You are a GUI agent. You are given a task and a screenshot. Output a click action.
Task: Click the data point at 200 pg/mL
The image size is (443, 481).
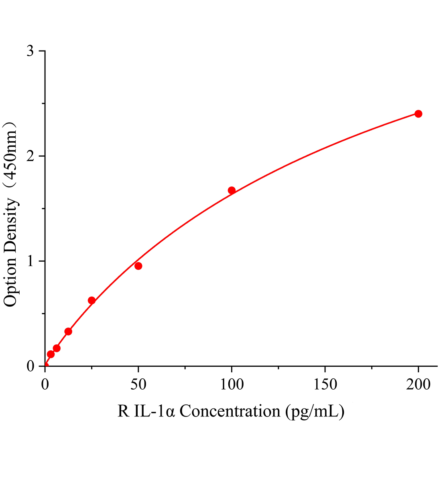tap(418, 114)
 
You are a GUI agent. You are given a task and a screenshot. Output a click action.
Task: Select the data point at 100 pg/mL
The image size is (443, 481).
tap(232, 190)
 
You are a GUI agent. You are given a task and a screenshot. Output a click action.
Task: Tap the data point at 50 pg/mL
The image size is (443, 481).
tap(138, 266)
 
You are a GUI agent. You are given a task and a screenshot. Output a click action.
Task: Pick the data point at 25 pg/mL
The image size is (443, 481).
tap(91, 300)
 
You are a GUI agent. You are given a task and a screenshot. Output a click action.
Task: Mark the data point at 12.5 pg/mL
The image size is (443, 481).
tap(68, 331)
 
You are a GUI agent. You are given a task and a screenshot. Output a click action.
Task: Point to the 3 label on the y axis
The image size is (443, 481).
tap(30, 51)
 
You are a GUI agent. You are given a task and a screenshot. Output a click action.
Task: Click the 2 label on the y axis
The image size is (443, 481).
tap(30, 156)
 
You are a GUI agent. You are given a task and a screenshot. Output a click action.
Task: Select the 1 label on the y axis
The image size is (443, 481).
tap(30, 261)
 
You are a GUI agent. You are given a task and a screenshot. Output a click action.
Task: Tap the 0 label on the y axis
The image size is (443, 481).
tap(30, 366)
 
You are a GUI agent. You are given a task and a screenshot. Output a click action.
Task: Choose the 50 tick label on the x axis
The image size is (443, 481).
tap(138, 385)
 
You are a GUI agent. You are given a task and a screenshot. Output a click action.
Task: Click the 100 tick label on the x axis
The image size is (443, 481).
tap(232, 385)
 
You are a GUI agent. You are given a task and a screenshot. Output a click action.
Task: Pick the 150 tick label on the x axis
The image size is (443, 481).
tap(325, 385)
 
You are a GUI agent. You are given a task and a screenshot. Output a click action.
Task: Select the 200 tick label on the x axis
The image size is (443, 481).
tap(418, 385)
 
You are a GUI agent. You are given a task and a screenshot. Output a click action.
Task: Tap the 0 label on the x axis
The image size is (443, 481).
tap(45, 385)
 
